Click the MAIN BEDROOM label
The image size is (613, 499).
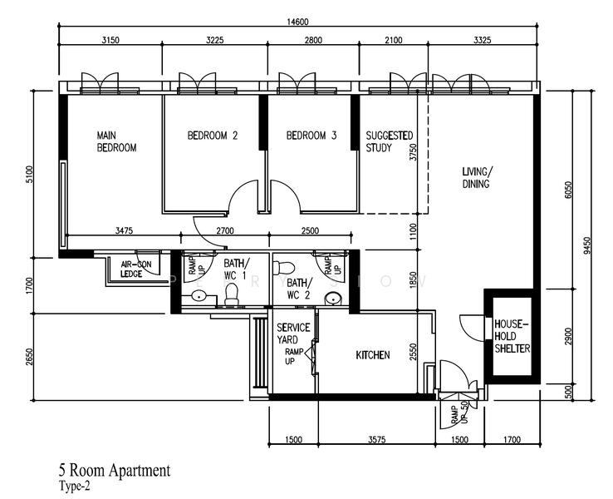116,141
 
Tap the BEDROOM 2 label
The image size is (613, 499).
213,136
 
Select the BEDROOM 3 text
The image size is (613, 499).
311,136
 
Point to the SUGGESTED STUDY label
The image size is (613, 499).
390,141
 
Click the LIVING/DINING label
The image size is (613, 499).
477,178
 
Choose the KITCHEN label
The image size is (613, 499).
373,355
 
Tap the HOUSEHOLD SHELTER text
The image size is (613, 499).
511,336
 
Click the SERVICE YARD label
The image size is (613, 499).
293,333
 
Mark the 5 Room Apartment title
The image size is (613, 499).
115,471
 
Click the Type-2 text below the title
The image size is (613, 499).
74,487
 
